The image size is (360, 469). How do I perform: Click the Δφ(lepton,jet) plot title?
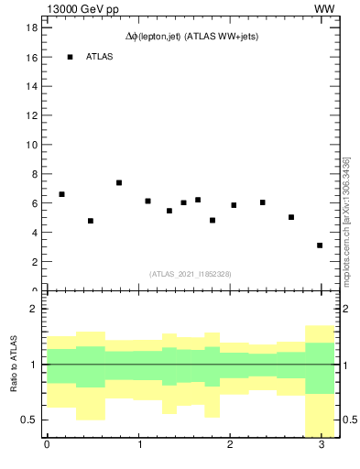[190, 37]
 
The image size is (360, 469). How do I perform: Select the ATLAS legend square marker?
[70, 57]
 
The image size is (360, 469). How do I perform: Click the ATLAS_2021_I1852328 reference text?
[190, 274]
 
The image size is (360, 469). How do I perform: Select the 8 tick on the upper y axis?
[33, 174]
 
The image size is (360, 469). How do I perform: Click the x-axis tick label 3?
[321, 446]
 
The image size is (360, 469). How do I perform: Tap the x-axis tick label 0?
[47, 446]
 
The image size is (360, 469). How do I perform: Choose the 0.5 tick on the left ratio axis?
[28, 420]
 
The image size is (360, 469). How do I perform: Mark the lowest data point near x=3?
[320, 245]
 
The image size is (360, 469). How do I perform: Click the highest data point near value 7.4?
[119, 182]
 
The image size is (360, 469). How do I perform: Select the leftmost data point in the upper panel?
[61, 194]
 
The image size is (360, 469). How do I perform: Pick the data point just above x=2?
[234, 205]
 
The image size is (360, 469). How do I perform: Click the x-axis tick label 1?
[138, 446]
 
